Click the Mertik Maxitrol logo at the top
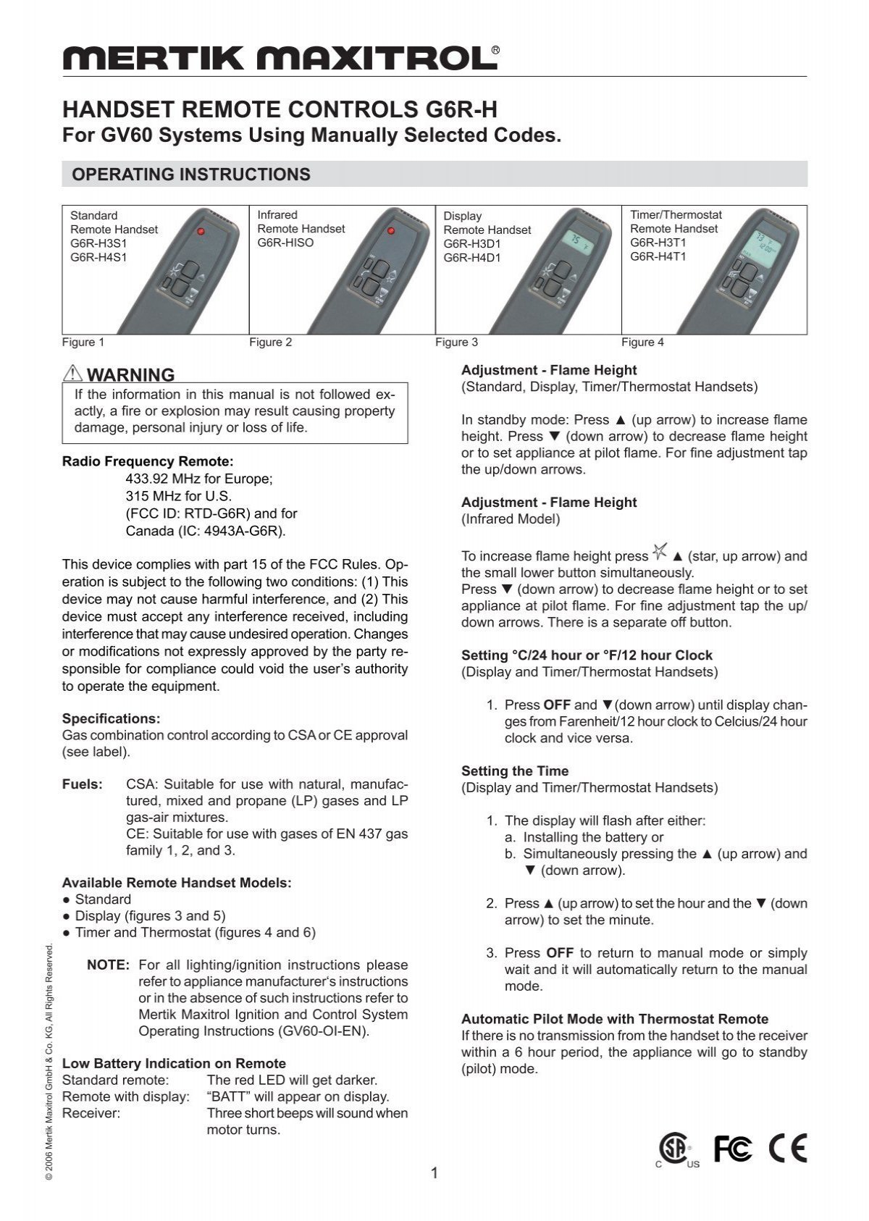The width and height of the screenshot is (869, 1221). (281, 57)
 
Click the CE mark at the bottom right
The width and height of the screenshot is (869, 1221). (788, 1148)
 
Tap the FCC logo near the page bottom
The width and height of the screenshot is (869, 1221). (733, 1148)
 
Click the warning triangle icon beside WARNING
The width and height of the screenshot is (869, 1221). (73, 374)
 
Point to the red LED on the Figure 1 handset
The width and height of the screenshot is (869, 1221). (201, 232)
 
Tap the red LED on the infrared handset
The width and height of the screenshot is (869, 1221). (390, 231)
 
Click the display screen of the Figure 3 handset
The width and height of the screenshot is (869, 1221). (576, 241)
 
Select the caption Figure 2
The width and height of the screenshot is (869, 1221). (270, 343)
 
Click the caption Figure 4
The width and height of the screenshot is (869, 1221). (642, 343)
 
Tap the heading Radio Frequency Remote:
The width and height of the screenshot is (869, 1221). (148, 461)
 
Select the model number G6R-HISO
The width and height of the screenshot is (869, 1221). (285, 243)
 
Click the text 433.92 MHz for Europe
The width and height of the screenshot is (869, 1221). (199, 479)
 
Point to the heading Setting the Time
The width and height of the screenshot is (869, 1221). (515, 771)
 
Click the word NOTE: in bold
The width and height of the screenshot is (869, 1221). (108, 965)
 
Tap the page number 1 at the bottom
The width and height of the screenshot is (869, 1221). (434, 1173)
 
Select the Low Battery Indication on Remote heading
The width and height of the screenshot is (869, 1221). (174, 1063)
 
